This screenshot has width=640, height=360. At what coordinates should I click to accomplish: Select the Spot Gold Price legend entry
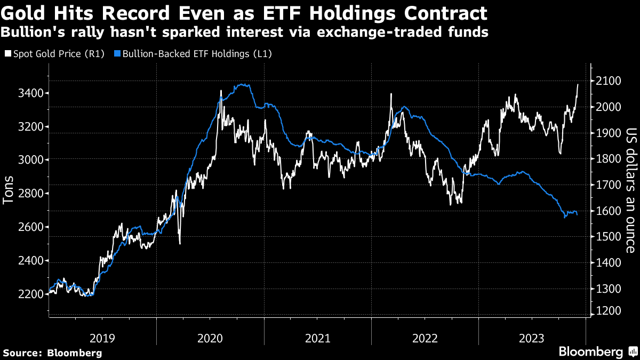pyautogui.click(x=58, y=54)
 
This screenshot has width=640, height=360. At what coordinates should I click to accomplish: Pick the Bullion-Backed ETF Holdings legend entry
pyautogui.click(x=193, y=54)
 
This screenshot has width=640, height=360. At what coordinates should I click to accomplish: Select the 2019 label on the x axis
pyautogui.click(x=102, y=338)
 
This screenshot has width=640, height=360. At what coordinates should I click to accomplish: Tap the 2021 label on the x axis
pyautogui.click(x=317, y=338)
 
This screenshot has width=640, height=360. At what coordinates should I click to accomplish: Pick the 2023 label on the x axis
pyautogui.click(x=532, y=338)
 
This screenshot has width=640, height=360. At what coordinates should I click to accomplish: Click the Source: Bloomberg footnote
pyautogui.click(x=52, y=353)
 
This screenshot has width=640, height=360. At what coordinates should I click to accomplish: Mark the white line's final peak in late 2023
pyautogui.click(x=578, y=84)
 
